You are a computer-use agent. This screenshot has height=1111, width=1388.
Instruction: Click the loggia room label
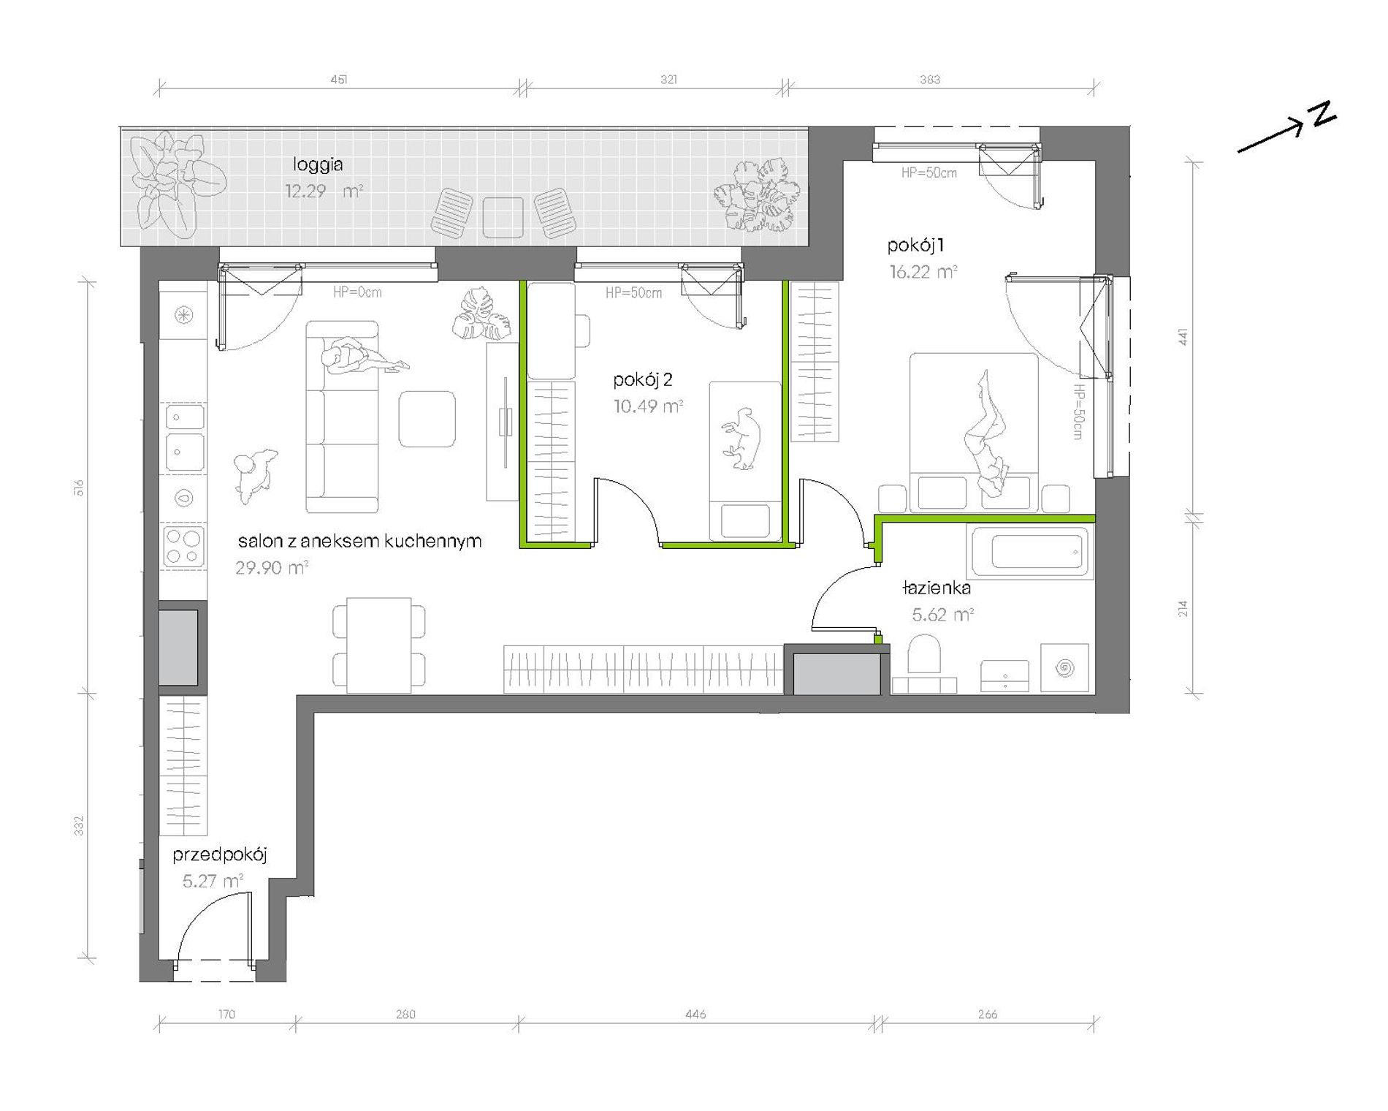[318, 165]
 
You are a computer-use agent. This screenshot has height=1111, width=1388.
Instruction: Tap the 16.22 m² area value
[923, 272]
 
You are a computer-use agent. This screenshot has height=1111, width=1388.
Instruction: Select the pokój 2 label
[643, 380]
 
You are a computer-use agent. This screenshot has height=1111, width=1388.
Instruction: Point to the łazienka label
[937, 588]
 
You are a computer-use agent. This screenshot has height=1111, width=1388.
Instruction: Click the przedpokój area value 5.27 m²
[213, 881]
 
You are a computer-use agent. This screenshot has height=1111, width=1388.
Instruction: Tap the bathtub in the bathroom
[1030, 550]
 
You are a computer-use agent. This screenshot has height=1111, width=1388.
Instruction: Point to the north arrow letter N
[1322, 115]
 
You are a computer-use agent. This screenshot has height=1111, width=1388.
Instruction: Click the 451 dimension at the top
[339, 79]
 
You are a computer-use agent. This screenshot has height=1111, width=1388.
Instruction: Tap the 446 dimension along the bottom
[696, 1014]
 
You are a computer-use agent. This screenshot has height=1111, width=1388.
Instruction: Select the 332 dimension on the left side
[80, 826]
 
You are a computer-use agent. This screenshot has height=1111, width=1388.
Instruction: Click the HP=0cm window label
[357, 292]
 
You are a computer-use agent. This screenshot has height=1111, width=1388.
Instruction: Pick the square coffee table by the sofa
[427, 419]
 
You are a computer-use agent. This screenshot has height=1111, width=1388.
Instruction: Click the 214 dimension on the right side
[1183, 607]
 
